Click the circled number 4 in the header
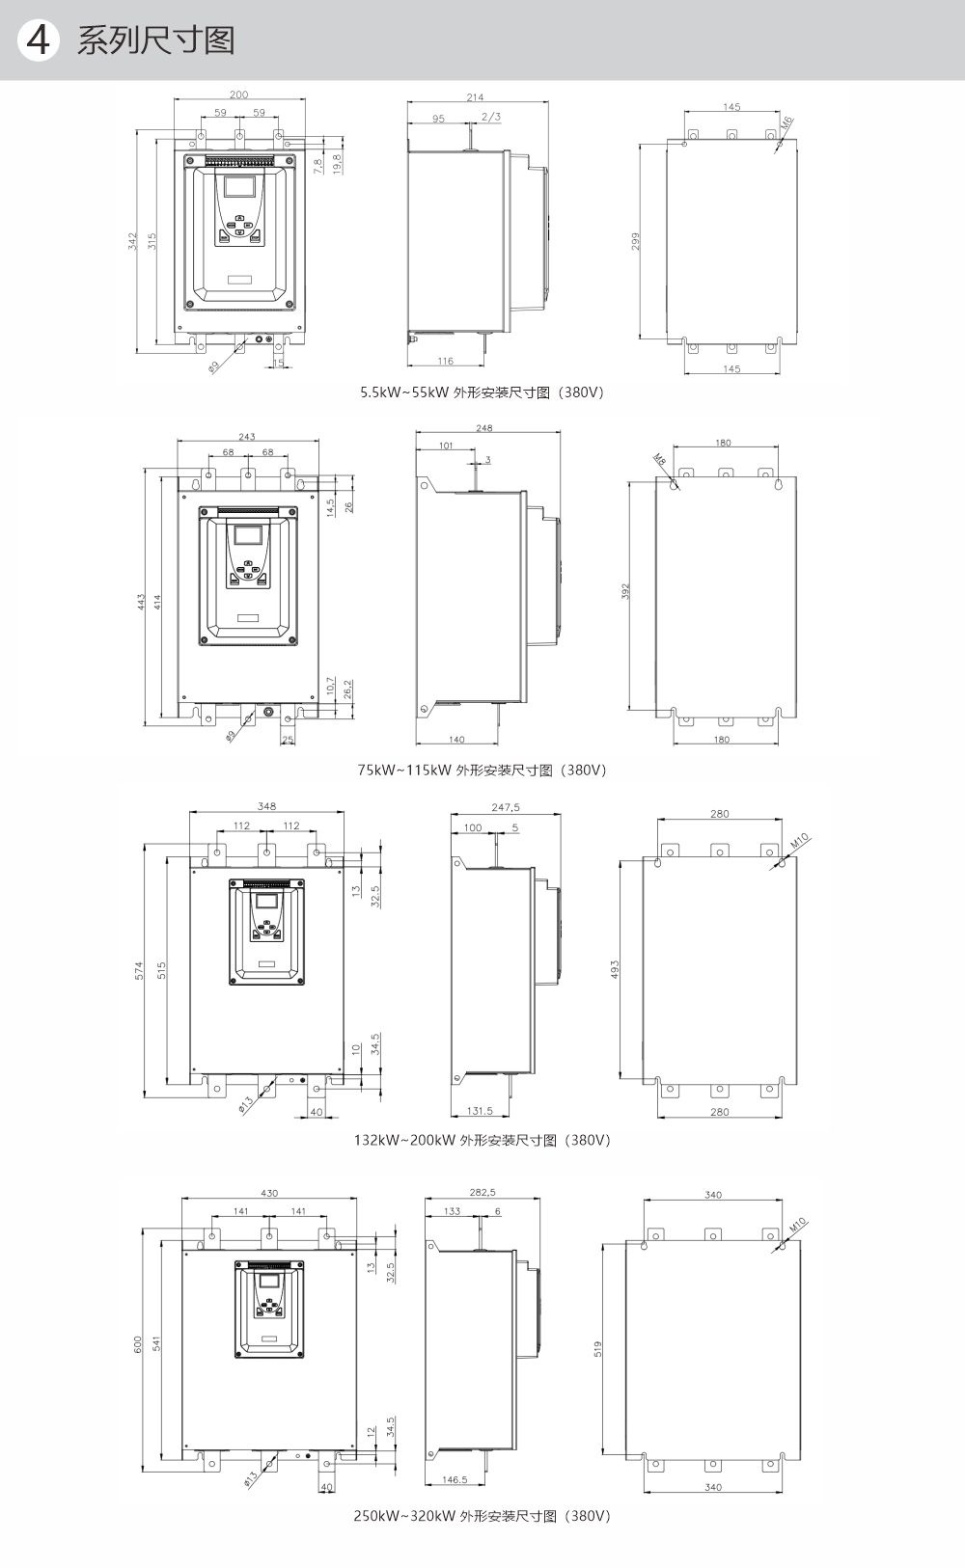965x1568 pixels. click(x=39, y=40)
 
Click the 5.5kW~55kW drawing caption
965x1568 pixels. click(x=482, y=392)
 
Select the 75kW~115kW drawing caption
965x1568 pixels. click(x=482, y=770)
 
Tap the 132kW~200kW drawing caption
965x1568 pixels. click(x=482, y=1140)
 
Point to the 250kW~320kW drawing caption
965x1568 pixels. click(x=482, y=1515)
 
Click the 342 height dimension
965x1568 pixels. click(x=133, y=241)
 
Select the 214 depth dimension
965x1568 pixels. click(x=476, y=97)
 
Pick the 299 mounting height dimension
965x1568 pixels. click(x=636, y=241)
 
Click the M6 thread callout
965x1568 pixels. click(x=786, y=123)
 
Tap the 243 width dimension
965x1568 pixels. click(x=247, y=437)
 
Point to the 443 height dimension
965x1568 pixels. click(x=141, y=602)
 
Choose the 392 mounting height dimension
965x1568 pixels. click(x=625, y=590)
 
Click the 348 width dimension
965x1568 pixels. click(x=266, y=806)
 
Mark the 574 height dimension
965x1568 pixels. click(x=139, y=970)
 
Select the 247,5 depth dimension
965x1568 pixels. click(x=506, y=807)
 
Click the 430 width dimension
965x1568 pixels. click(x=269, y=1193)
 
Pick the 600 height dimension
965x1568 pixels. click(x=137, y=1343)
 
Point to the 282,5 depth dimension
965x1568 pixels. click(x=482, y=1193)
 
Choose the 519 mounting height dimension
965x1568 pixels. click(x=598, y=1347)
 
